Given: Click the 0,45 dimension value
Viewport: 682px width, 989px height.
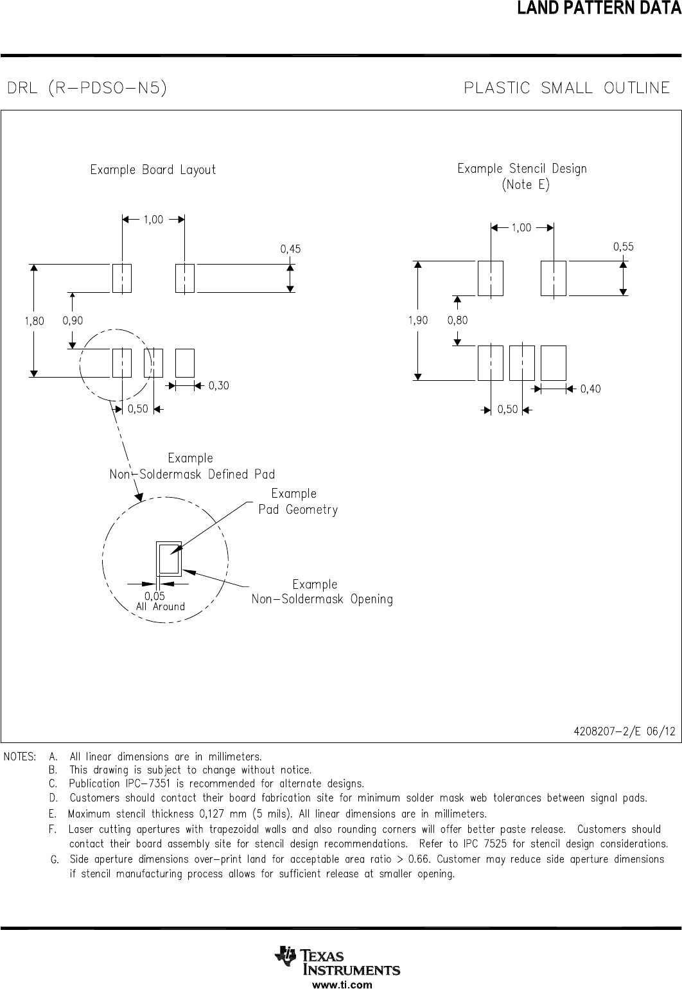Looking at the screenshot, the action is click(x=290, y=249).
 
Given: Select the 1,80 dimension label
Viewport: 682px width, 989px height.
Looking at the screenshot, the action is click(x=35, y=321).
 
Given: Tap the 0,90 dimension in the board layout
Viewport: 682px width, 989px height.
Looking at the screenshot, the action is click(x=73, y=320).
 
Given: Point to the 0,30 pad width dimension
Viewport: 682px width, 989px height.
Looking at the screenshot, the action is click(x=218, y=386).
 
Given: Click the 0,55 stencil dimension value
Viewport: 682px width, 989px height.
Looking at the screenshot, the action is click(x=624, y=247).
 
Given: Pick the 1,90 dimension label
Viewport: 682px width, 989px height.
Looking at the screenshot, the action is click(x=418, y=320).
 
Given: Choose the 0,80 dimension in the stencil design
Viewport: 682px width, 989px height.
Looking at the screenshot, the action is click(x=457, y=320).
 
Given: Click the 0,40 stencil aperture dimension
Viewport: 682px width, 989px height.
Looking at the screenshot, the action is click(x=590, y=389).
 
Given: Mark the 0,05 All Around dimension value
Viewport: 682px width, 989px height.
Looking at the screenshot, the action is click(x=155, y=596).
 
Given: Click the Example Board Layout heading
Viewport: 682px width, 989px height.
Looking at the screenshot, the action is click(x=153, y=170).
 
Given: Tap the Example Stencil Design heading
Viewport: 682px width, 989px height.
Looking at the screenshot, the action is click(x=522, y=169).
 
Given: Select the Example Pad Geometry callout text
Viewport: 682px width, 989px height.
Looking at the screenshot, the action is click(x=298, y=502).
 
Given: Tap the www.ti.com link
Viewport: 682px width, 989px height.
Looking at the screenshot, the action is click(x=342, y=984).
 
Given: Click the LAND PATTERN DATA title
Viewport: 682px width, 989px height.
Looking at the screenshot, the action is click(x=599, y=8).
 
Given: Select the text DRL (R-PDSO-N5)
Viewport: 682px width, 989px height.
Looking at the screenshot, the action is click(x=87, y=88).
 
